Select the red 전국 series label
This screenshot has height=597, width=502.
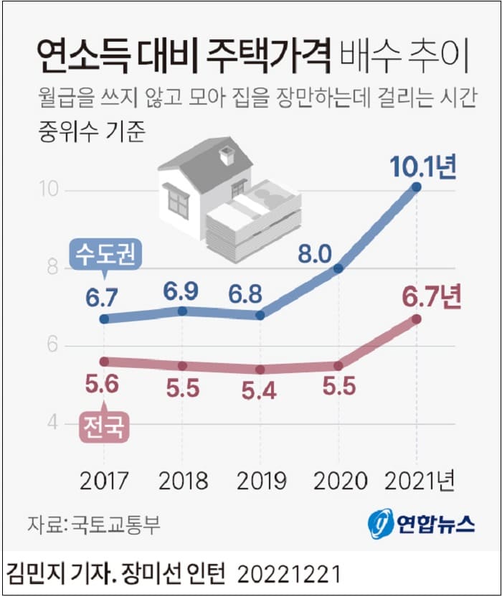[x=103, y=427]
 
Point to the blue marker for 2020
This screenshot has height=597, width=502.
[x=338, y=268]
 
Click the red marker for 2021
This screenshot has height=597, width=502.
[x=417, y=319]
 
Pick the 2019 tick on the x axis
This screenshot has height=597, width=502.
[x=260, y=480]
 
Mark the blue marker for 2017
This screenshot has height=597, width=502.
[x=104, y=319]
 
